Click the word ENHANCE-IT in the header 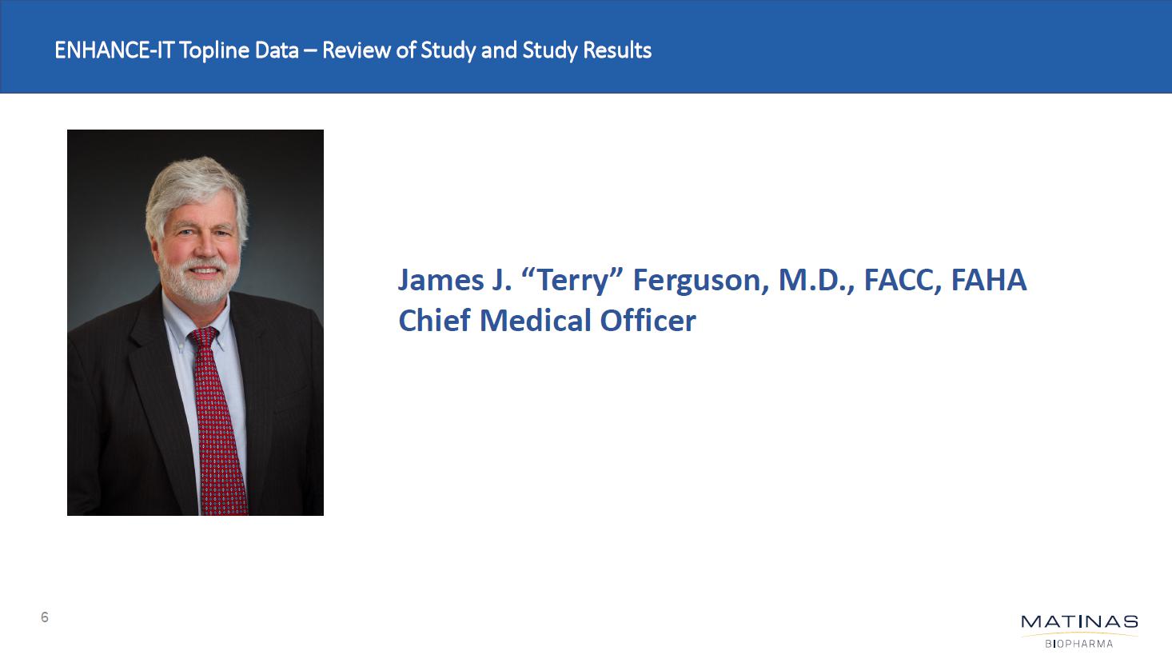pos(114,50)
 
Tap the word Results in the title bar pos(617,50)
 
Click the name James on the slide pos(440,279)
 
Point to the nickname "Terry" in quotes pos(573,281)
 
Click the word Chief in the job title pos(434,320)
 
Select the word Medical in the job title pos(535,320)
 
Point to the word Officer pos(648,320)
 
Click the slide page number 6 pos(45,617)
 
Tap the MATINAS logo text pos(1079,622)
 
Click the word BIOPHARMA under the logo pos(1079,644)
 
